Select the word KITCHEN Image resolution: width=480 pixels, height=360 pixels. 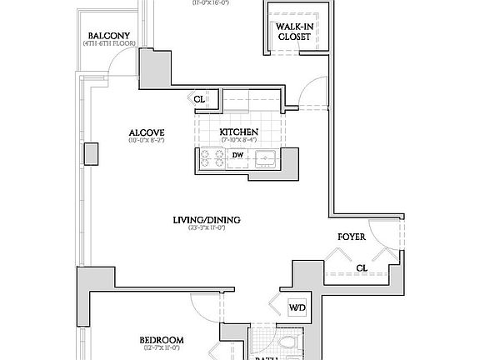(x=238, y=132)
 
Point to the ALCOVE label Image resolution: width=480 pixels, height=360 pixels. (x=146, y=132)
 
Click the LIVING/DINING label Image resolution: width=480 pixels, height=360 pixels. (x=207, y=220)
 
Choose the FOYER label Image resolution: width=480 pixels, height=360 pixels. (x=353, y=236)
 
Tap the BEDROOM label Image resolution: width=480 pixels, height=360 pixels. (x=162, y=340)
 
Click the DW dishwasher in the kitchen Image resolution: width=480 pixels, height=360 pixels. (x=237, y=156)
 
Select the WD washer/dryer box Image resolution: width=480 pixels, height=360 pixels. (x=297, y=307)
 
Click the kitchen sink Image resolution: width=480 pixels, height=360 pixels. (x=267, y=157)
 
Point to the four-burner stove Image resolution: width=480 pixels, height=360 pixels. (x=212, y=158)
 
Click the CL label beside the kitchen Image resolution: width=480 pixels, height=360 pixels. (x=199, y=99)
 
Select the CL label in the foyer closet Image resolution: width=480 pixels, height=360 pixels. (x=362, y=268)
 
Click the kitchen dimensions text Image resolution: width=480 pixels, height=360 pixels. (x=238, y=141)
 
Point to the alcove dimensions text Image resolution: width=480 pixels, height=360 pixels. (x=146, y=141)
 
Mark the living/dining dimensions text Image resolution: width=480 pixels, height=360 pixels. (x=207, y=228)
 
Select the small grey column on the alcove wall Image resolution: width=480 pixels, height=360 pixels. (x=91, y=154)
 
